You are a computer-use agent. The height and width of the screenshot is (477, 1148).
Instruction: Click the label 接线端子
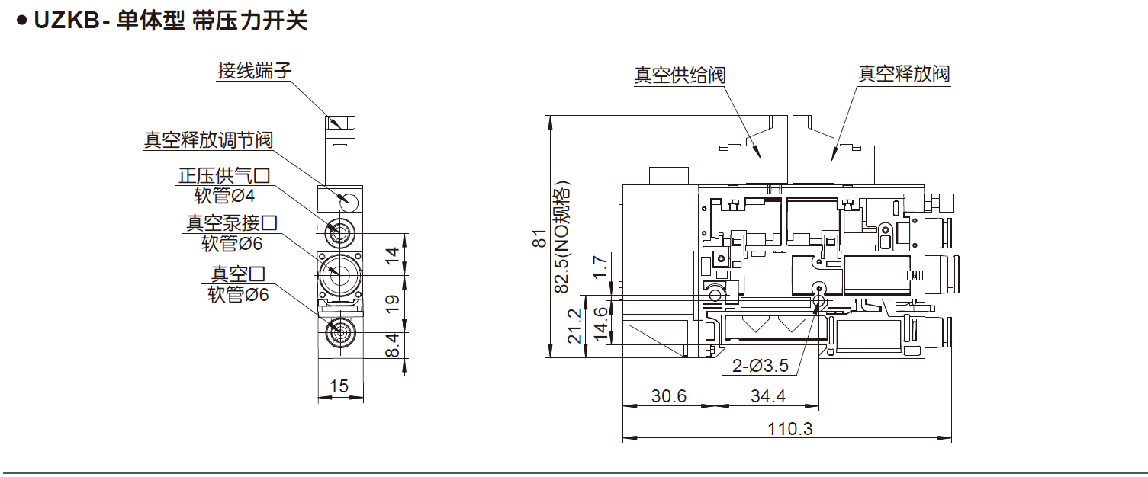254,72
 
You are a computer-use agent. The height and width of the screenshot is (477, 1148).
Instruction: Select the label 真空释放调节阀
208,140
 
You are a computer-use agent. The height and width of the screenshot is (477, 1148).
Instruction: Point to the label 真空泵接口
231,223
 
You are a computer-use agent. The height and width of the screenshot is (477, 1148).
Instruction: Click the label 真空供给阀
680,75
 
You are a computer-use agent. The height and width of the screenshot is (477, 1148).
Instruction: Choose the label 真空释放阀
904,74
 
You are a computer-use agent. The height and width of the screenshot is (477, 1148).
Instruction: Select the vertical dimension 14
393,255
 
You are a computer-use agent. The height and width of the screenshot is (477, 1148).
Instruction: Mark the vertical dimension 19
393,304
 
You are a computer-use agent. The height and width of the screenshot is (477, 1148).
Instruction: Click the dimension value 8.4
393,344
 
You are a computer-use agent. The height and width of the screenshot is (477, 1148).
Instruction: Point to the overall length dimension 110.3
789,428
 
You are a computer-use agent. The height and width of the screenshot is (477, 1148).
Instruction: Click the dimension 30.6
668,396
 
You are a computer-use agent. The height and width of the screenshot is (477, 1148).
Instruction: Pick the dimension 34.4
768,396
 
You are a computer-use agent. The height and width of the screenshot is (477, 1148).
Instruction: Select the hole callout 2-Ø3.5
760,366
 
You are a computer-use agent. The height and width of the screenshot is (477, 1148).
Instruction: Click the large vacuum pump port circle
336,274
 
